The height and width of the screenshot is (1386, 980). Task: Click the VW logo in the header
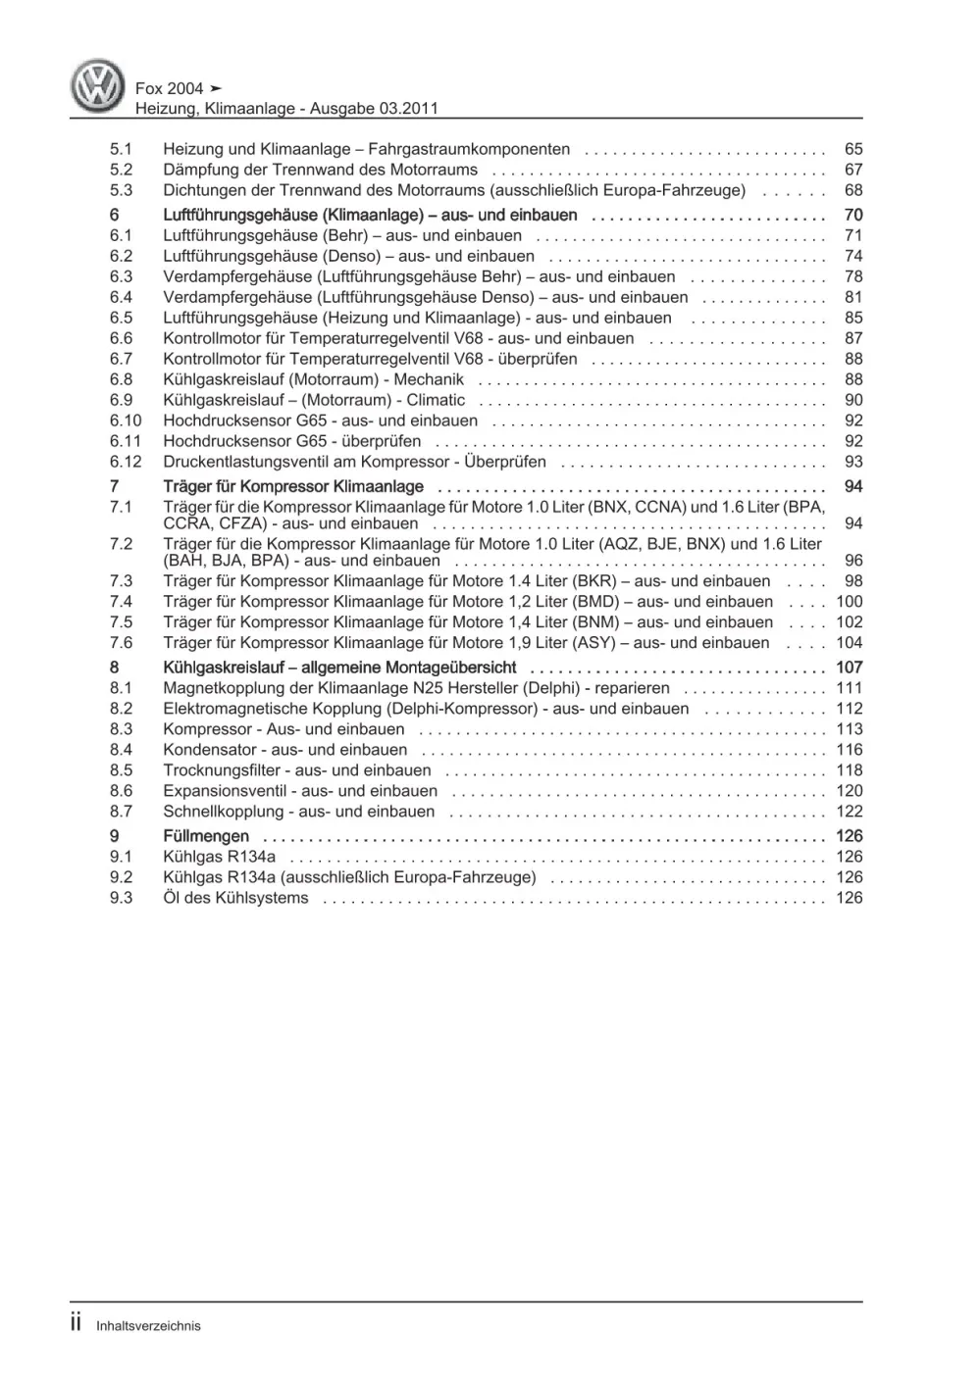98,85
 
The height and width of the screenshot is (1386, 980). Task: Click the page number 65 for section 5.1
852,149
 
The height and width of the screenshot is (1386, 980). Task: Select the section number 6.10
125,421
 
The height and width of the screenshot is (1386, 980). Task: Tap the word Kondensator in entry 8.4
205,750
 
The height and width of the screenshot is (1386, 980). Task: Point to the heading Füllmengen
206,836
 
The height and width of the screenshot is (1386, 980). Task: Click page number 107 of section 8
849,668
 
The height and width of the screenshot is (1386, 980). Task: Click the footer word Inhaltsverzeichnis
148,1326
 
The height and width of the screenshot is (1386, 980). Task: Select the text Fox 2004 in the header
170,88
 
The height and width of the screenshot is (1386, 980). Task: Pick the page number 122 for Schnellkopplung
849,812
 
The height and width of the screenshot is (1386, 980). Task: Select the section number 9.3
121,898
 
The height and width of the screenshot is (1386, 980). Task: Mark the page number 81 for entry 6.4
852,297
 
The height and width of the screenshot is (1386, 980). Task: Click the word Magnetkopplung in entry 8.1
218,688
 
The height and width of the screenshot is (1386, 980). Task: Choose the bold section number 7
114,487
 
